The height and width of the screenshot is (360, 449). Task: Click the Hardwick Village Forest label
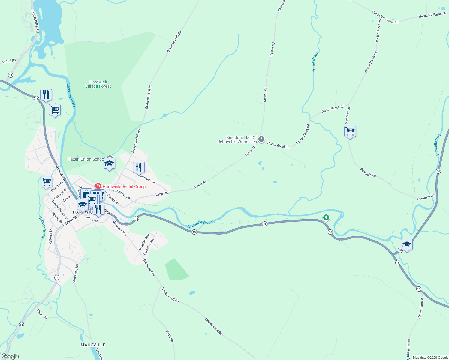(x=98, y=84)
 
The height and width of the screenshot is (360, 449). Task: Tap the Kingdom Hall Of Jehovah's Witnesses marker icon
(x=261, y=139)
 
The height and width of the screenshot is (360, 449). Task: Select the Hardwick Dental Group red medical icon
(x=98, y=187)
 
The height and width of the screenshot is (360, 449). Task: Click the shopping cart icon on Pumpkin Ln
(x=350, y=131)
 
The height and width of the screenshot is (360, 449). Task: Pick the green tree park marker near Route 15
(x=326, y=217)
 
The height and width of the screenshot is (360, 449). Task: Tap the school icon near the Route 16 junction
(x=407, y=244)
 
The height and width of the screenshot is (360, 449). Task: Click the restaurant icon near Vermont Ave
(x=139, y=167)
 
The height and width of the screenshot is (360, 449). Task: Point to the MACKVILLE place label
(x=93, y=345)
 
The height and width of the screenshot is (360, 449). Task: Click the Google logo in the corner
(x=10, y=356)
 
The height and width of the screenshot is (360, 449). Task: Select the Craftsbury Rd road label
(x=35, y=21)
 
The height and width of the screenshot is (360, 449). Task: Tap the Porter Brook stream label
(x=315, y=62)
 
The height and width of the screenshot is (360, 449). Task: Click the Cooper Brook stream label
(x=42, y=227)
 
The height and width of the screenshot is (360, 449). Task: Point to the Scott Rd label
(x=170, y=336)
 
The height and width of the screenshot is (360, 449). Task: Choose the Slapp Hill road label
(x=161, y=194)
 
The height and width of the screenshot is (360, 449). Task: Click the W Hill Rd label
(x=9, y=61)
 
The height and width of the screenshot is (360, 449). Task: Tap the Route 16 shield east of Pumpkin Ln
(x=438, y=171)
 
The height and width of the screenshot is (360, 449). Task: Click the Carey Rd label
(x=42, y=314)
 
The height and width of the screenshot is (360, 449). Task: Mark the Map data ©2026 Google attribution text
(x=430, y=358)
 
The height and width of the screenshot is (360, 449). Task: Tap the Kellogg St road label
(x=51, y=237)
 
